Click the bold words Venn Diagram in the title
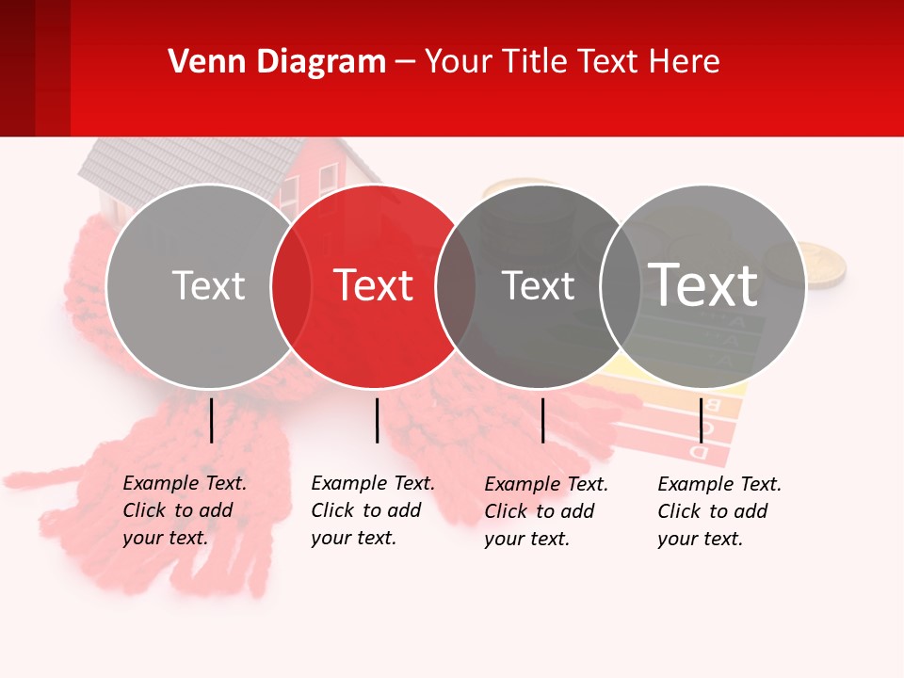pyautogui.click(x=277, y=62)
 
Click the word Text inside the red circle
pyautogui.click(x=374, y=285)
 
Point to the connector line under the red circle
pyautogui.click(x=377, y=420)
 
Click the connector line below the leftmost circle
pyautogui.click(x=211, y=420)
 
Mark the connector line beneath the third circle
pyautogui.click(x=542, y=420)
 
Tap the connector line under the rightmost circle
pyautogui.click(x=701, y=420)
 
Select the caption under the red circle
pyautogui.click(x=373, y=510)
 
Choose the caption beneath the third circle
pyautogui.click(x=546, y=511)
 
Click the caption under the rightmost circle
pyautogui.click(x=719, y=511)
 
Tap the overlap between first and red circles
pyautogui.click(x=291, y=286)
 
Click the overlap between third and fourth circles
pyautogui.click(x=621, y=286)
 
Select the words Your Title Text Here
pyautogui.click(x=572, y=62)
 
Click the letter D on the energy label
pyautogui.click(x=699, y=451)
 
